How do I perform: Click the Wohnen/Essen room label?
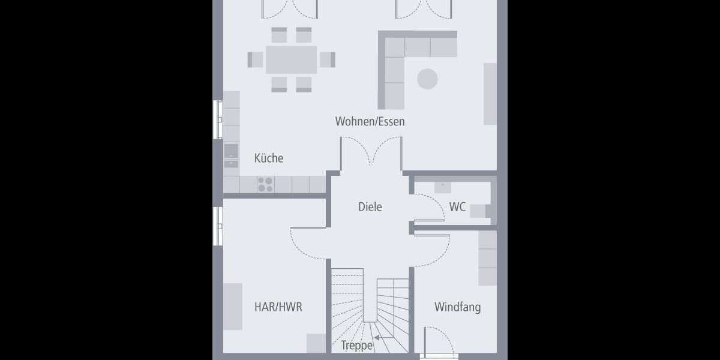pyautogui.click(x=370, y=122)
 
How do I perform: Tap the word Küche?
pyautogui.click(x=268, y=158)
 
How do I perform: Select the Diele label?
pyautogui.click(x=370, y=207)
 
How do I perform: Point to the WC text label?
pyautogui.click(x=457, y=207)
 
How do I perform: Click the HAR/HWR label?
pyautogui.click(x=278, y=307)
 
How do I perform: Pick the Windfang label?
pyautogui.click(x=457, y=307)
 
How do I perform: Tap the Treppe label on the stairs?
pyautogui.click(x=357, y=346)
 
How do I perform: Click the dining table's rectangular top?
pyautogui.click(x=291, y=59)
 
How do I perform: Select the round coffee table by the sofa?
pyautogui.click(x=428, y=79)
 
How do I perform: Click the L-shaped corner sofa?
pyautogui.click(x=396, y=60)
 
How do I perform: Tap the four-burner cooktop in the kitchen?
pyautogui.click(x=265, y=184)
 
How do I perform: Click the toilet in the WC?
pyautogui.click(x=478, y=211)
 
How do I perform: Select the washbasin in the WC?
pyautogui.click(x=443, y=187)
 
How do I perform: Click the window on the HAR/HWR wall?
pyautogui.click(x=218, y=226)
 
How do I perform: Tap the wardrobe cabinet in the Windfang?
pyautogui.click(x=487, y=258)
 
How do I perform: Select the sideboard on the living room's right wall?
pyautogui.click(x=490, y=94)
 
